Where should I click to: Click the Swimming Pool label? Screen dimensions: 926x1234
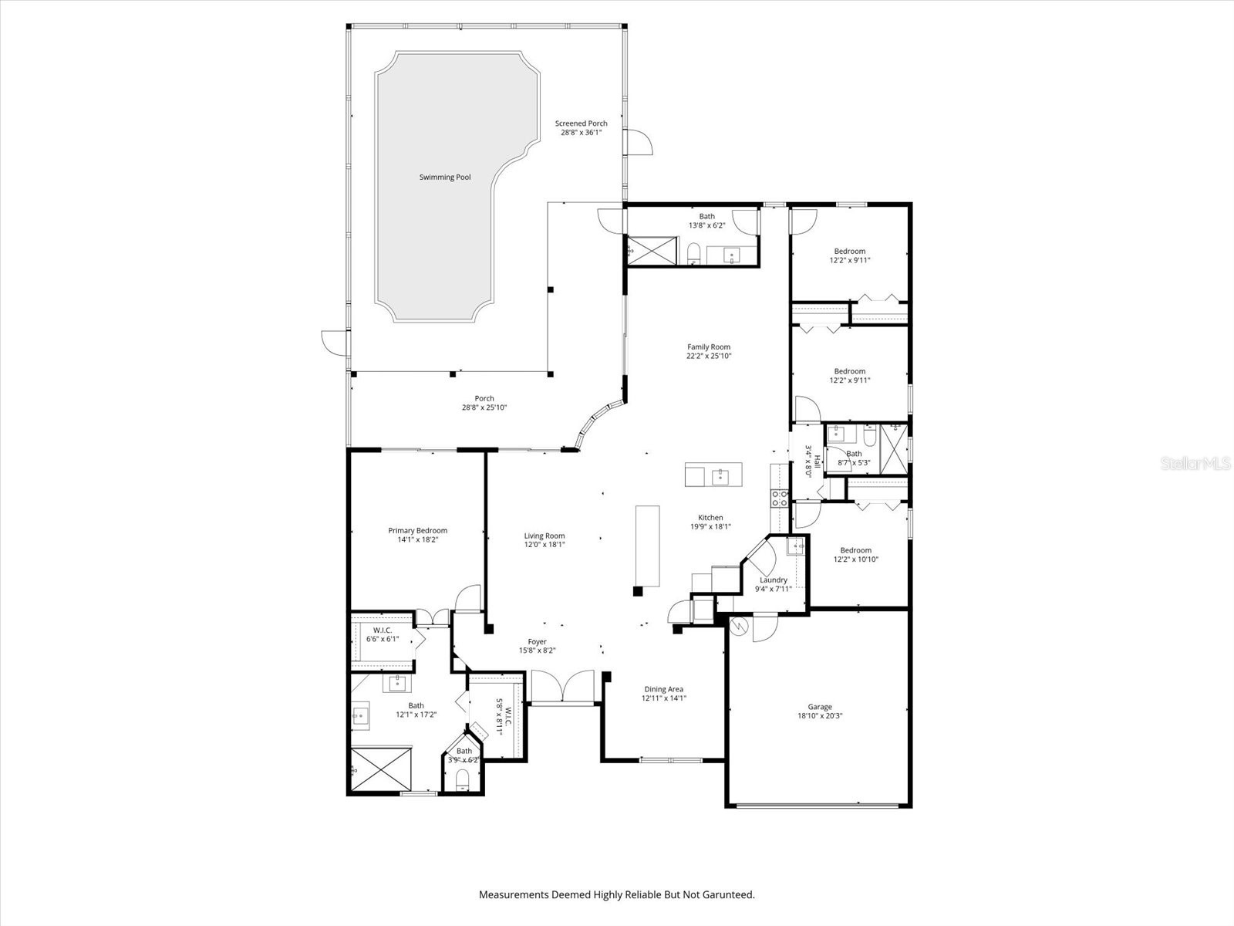(444, 177)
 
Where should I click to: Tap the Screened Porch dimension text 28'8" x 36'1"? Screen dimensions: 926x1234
(581, 133)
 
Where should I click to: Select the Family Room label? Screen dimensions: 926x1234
(709, 347)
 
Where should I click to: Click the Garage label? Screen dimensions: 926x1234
(820, 707)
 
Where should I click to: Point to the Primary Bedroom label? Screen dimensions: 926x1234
(417, 531)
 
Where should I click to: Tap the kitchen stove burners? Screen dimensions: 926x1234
(779, 498)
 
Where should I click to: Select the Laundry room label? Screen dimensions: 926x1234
(773, 580)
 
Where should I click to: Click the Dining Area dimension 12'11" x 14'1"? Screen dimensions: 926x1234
(663, 698)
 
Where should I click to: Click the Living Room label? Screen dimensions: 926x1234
(545, 536)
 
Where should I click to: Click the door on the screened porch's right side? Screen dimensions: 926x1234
(638, 144)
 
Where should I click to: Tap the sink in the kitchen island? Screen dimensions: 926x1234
(722, 475)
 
